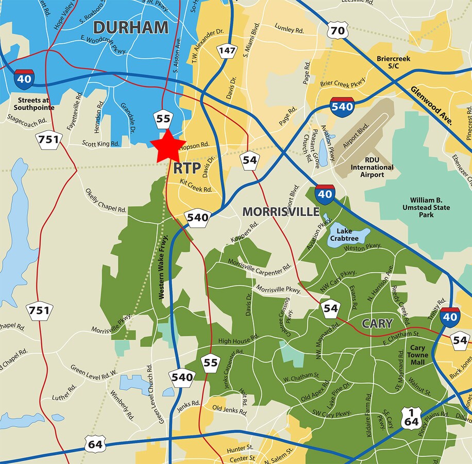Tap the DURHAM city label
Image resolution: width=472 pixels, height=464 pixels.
(x=130, y=27)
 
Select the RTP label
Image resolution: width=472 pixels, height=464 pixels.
(x=187, y=168)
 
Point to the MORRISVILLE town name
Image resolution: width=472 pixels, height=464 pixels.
(x=281, y=212)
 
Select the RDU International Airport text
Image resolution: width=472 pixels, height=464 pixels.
(x=372, y=168)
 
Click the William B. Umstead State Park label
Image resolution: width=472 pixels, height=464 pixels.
(x=430, y=207)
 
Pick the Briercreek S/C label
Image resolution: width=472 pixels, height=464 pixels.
(x=393, y=62)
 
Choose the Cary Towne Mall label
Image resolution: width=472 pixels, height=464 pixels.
(x=417, y=355)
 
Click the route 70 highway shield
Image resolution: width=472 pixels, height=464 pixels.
(x=338, y=31)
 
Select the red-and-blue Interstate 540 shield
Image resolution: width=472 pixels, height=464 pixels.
(x=342, y=107)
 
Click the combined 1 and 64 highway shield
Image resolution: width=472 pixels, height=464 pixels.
(x=411, y=418)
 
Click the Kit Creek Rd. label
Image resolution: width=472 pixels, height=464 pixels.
(x=196, y=189)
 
